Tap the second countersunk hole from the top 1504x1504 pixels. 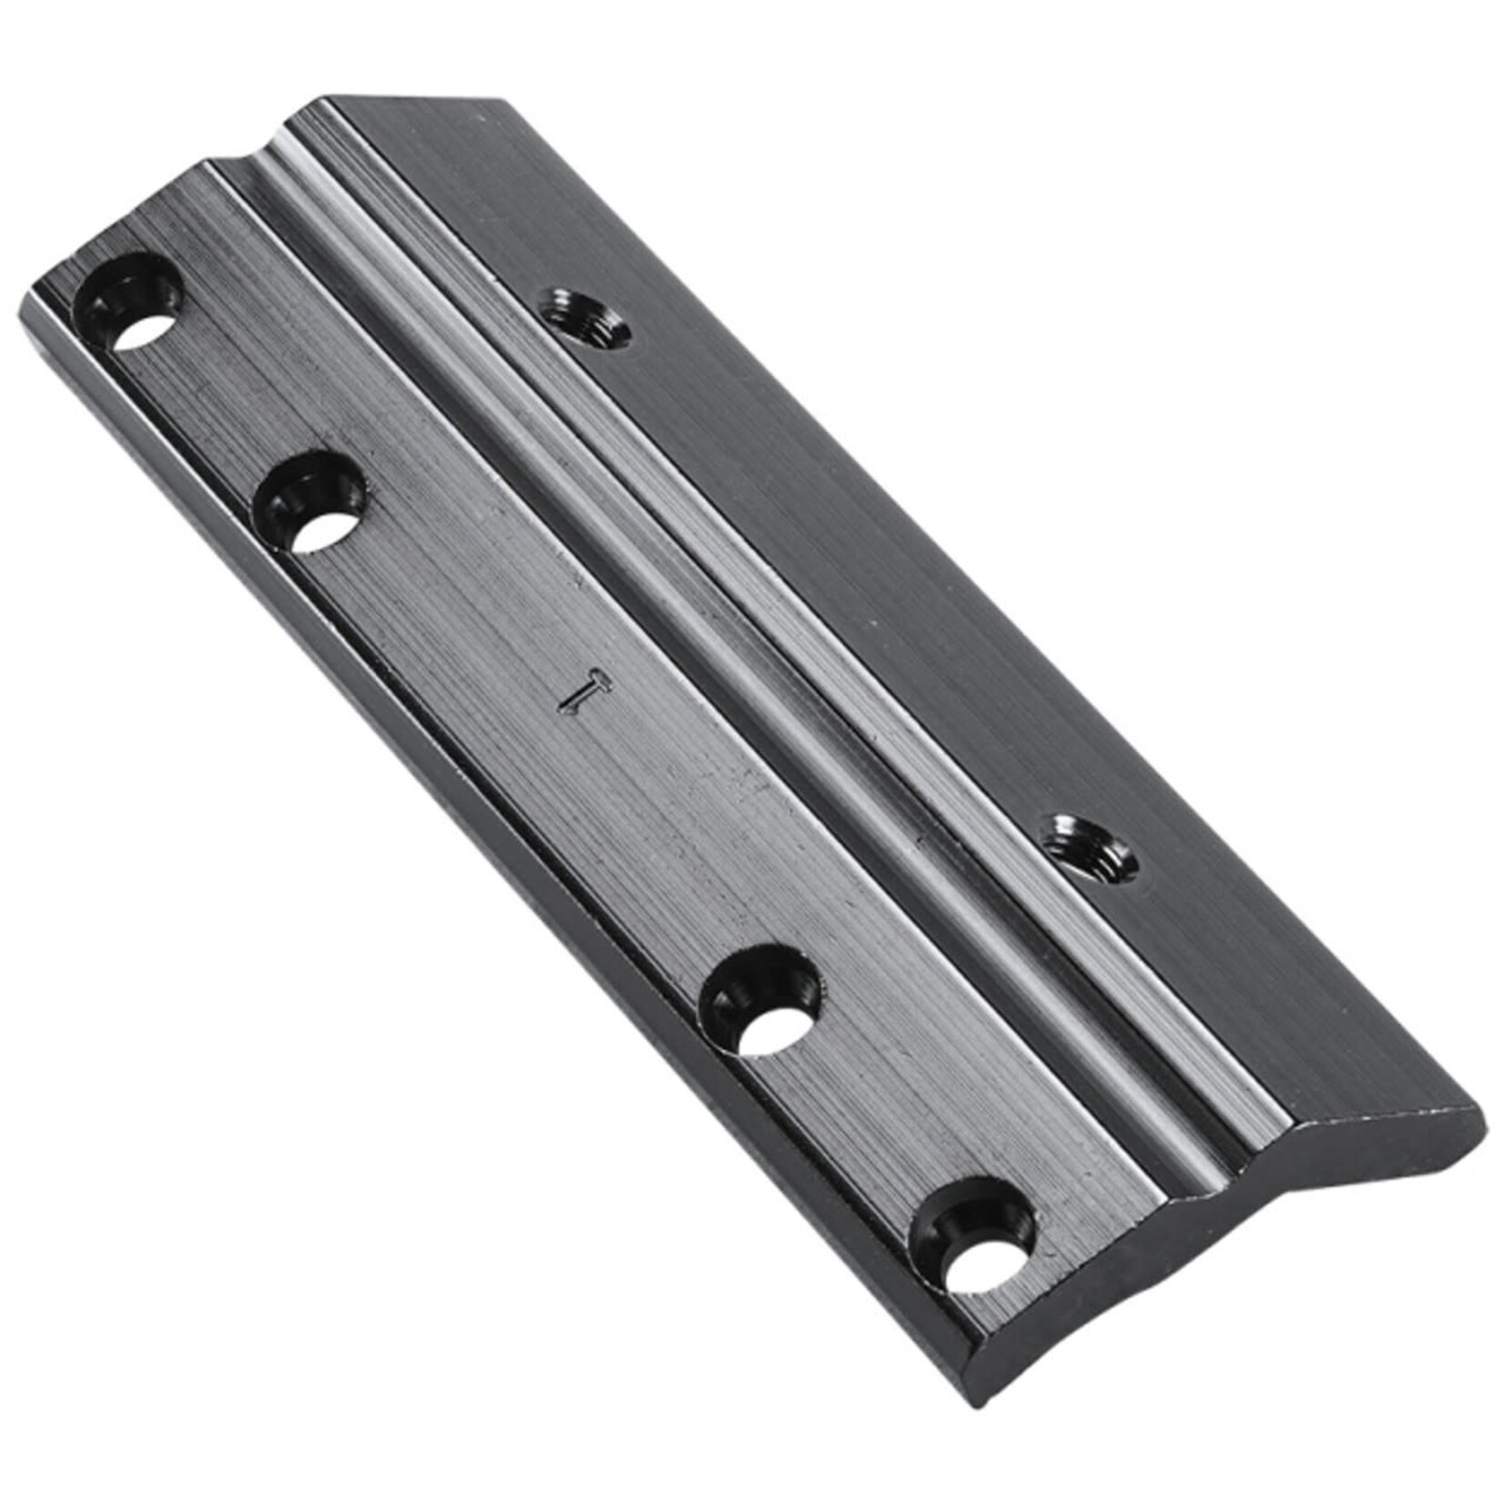(x=311, y=503)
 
